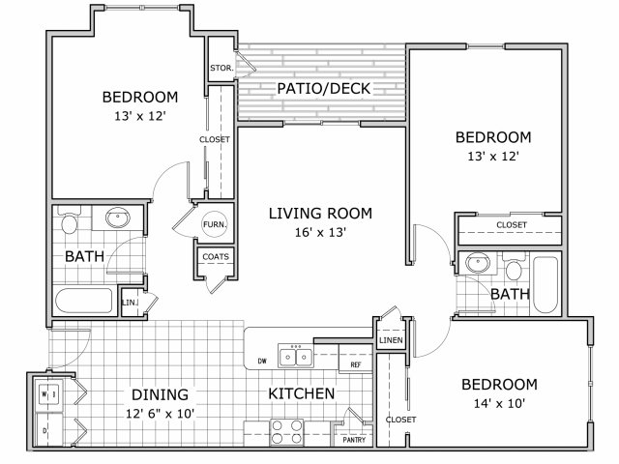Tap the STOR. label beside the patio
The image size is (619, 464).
(x=220, y=69)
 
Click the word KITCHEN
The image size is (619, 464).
(x=301, y=393)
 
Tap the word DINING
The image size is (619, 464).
(x=161, y=394)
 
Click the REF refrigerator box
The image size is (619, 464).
(x=355, y=364)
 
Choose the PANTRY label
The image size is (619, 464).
(x=354, y=439)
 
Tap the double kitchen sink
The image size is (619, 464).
(x=295, y=358)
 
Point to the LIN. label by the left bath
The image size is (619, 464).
(x=129, y=304)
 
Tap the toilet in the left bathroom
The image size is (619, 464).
(x=69, y=225)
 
